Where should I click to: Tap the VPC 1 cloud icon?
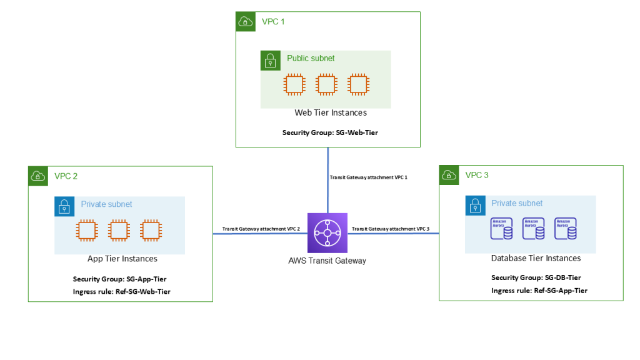(x=245, y=21)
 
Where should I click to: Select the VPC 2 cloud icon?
(x=38, y=176)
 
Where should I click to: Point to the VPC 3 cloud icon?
(x=449, y=175)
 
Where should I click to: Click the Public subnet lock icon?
(x=270, y=60)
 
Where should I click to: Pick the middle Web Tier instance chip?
(x=326, y=84)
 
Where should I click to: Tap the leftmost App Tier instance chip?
(x=86, y=230)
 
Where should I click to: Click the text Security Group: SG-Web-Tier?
(x=330, y=132)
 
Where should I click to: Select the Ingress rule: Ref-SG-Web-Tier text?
(x=121, y=291)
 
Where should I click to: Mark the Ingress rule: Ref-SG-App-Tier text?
(x=539, y=291)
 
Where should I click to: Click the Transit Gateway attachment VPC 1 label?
(x=368, y=177)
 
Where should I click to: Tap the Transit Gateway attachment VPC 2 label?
(x=261, y=229)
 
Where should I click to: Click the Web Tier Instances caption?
(x=331, y=113)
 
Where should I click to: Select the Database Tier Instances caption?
(x=536, y=258)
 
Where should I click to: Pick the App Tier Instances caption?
(x=122, y=259)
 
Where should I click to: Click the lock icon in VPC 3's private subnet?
(x=474, y=205)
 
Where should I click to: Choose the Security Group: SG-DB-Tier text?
(x=536, y=277)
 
